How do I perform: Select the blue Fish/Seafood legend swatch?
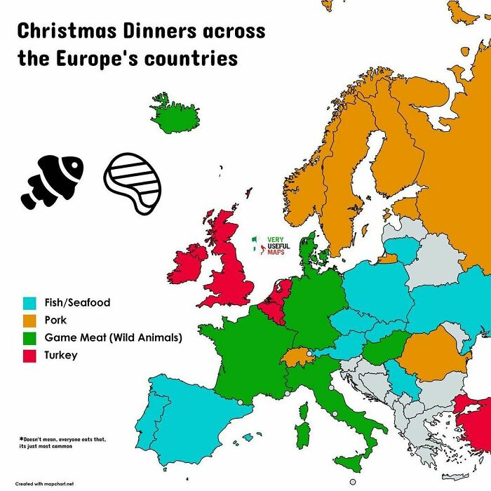pos(29,304)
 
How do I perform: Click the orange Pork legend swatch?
pos(29,321)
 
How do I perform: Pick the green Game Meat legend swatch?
pos(29,338)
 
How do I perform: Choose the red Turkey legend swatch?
pos(29,356)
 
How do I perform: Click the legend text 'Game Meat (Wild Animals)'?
pos(113,338)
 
